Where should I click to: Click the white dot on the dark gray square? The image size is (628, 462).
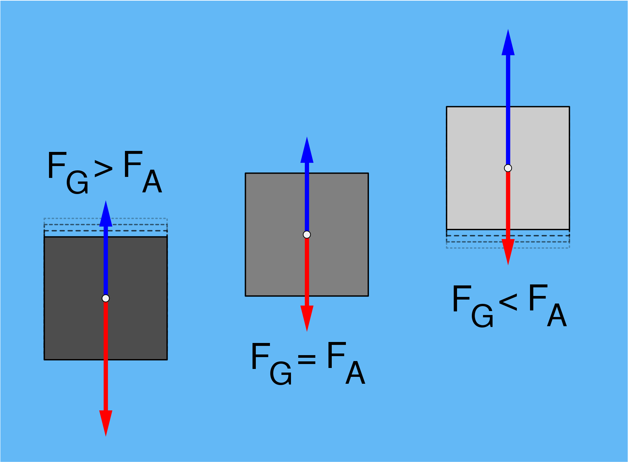[x=106, y=298]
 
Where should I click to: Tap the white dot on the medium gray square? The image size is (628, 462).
[x=307, y=234]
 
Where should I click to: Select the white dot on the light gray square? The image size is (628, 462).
[x=508, y=168]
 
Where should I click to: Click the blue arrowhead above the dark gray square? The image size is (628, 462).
[x=106, y=213]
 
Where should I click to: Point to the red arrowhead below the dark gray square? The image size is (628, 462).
[x=106, y=424]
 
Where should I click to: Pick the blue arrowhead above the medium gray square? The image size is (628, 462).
[x=307, y=150]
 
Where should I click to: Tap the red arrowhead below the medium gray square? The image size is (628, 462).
[x=307, y=319]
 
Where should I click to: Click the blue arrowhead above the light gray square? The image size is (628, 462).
[x=508, y=42]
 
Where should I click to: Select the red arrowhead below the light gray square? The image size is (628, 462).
[x=508, y=252]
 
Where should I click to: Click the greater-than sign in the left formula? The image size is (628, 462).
[x=104, y=169]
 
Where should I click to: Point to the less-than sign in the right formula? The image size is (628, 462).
[x=508, y=302]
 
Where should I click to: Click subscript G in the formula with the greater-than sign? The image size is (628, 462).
[x=77, y=182]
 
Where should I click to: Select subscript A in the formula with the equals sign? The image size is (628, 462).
[x=355, y=373]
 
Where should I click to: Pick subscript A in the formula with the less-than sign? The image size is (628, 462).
[x=557, y=315]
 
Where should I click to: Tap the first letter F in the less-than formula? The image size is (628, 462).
[x=462, y=298]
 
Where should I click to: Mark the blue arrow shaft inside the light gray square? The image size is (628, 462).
[x=508, y=135]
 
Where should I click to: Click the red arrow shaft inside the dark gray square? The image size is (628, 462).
[x=106, y=331]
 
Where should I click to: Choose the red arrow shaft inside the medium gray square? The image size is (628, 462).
[x=307, y=267]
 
